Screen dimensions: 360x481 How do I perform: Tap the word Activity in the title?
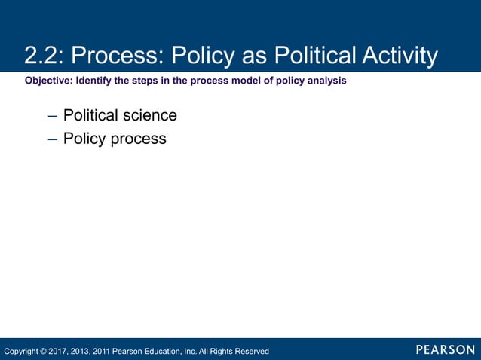[x=400, y=56]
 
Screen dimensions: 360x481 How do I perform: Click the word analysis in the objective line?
[x=326, y=81]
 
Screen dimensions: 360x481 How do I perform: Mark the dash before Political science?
[x=51, y=116]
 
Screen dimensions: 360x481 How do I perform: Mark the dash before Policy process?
[x=51, y=139]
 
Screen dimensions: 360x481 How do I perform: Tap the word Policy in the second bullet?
[x=84, y=139]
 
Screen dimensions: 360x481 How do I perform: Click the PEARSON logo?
[x=445, y=349]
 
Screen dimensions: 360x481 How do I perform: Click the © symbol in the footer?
[x=44, y=351]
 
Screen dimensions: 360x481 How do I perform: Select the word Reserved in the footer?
[x=251, y=351]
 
